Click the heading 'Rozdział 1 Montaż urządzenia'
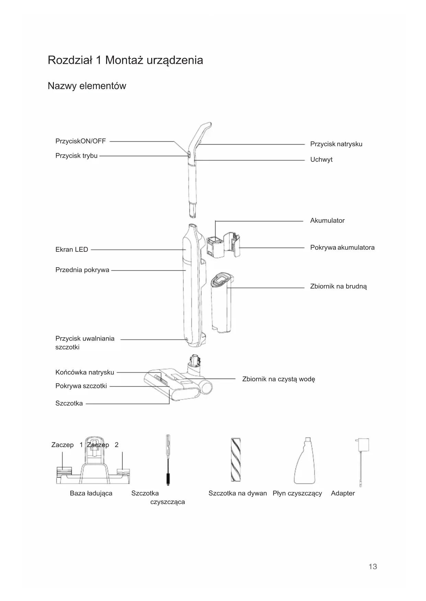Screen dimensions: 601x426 tap(125, 60)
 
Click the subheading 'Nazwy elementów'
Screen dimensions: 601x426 tap(87, 86)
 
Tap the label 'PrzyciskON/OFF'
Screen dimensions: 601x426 tap(81, 141)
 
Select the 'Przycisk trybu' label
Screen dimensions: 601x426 tap(77, 156)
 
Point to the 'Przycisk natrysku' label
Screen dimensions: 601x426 tap(336, 144)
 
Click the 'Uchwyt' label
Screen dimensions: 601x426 tap(321, 160)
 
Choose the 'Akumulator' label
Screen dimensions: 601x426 tap(327, 221)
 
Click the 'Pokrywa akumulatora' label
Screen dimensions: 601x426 tap(342, 248)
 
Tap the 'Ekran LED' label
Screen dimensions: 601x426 tap(72, 250)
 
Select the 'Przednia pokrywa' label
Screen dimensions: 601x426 tap(82, 270)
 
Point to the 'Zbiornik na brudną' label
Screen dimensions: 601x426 tap(338, 286)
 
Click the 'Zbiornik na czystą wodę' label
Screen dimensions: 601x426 tap(278, 379)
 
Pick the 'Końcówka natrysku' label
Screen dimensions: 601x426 tap(85, 372)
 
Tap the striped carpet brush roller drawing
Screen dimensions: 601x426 tap(235, 460)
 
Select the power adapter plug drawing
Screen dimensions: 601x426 tap(362, 445)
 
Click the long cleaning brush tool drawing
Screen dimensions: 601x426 tap(168, 460)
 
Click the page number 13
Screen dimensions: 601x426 tap(373, 567)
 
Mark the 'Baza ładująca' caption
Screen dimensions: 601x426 tap(91, 493)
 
